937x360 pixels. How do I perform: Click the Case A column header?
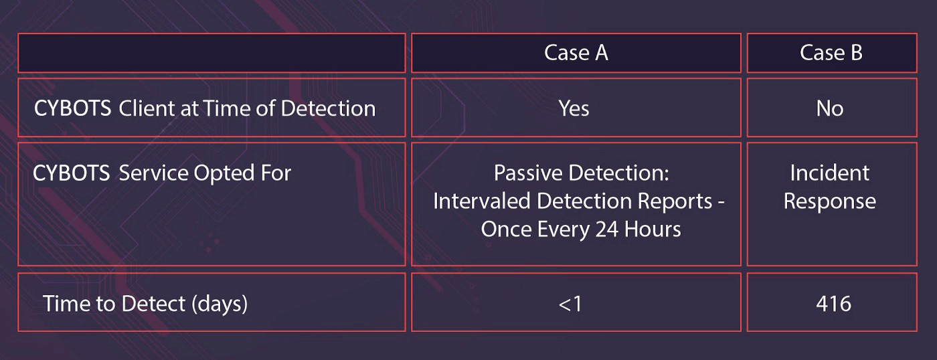[576, 53]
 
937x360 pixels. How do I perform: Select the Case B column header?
[831, 53]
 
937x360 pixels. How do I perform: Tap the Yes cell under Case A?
[574, 108]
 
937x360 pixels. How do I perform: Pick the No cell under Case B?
[830, 108]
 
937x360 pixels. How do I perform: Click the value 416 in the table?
[833, 304]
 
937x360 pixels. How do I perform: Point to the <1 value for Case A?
[570, 304]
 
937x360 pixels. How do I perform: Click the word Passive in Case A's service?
[527, 173]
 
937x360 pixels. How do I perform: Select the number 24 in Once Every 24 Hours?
[606, 229]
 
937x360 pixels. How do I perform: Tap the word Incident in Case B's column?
[830, 173]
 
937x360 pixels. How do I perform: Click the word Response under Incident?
[830, 201]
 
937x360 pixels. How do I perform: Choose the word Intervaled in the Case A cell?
[482, 201]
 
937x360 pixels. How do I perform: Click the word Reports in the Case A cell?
[675, 202]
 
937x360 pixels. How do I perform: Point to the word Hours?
[653, 229]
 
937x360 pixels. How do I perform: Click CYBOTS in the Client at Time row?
[72, 108]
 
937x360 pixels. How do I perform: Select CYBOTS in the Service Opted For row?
[71, 173]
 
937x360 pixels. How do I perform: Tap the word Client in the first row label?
[147, 108]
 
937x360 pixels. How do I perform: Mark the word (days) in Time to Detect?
[220, 304]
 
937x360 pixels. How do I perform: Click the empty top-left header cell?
[211, 53]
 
